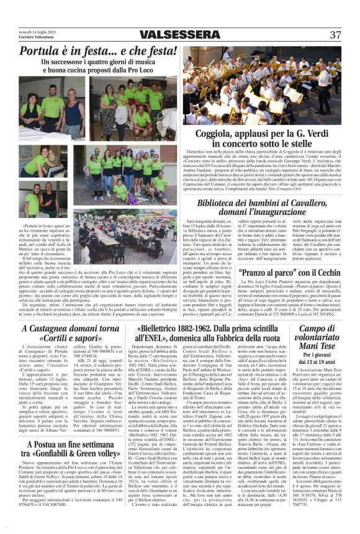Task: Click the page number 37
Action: tap(335, 34)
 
